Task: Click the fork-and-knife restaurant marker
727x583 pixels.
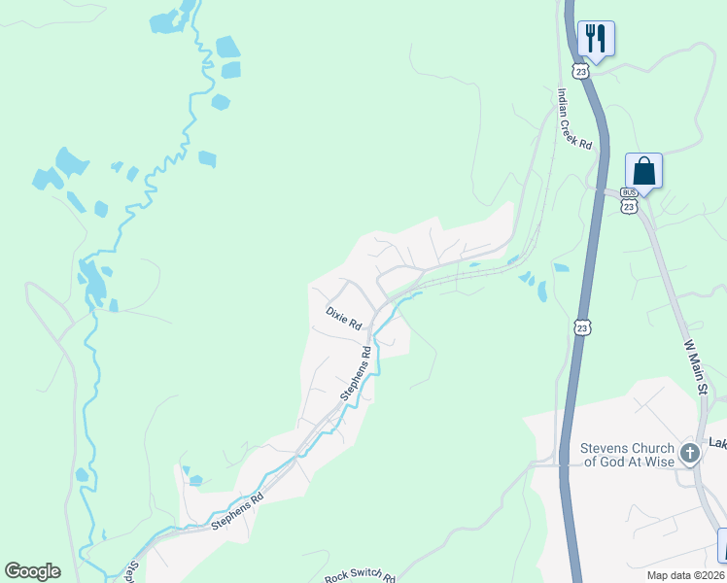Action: (593, 39)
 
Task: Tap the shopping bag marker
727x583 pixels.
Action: (643, 171)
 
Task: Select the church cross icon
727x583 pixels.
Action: (690, 453)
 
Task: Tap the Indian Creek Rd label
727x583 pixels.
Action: (574, 119)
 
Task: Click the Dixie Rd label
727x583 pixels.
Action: (344, 316)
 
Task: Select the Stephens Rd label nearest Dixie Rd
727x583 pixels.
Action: (357, 374)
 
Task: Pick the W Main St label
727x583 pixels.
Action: (693, 366)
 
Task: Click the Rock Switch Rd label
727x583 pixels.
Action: (360, 577)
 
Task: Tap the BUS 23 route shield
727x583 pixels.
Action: (629, 202)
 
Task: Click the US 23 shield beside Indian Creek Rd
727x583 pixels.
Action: (580, 71)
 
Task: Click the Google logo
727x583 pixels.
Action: (32, 571)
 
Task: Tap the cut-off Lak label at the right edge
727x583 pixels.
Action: (717, 443)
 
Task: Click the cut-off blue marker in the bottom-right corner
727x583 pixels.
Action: (722, 545)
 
